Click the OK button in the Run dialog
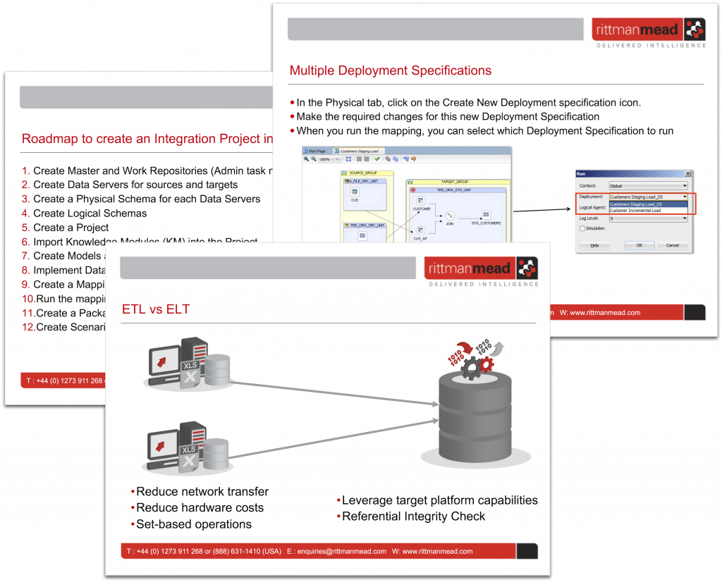[x=639, y=245]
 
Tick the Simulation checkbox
[x=582, y=228]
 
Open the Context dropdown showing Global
[x=647, y=186]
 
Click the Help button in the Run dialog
[x=594, y=245]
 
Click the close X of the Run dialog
[x=687, y=173]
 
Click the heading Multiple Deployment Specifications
[x=390, y=70]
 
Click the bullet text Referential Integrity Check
[x=413, y=516]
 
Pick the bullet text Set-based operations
[x=193, y=524]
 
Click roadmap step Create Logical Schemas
[x=90, y=213]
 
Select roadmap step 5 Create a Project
[x=71, y=228]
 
